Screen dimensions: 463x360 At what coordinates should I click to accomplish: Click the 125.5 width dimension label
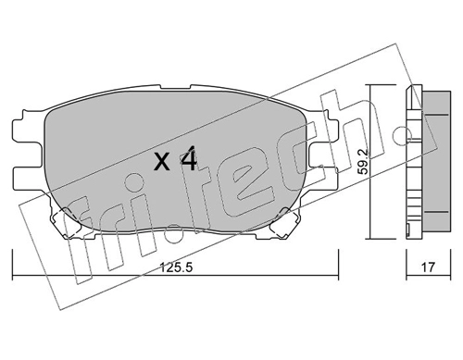coord(177,267)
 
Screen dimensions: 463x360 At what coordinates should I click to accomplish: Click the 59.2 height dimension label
coord(364,162)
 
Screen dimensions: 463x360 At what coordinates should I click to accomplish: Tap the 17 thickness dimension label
coord(428,267)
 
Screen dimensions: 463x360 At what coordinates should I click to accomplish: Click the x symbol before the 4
coord(162,162)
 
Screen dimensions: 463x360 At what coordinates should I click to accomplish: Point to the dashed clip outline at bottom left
coord(67,223)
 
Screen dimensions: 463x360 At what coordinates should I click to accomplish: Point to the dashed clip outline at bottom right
coord(283,223)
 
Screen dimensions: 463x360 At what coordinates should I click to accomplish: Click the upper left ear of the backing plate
coord(29,129)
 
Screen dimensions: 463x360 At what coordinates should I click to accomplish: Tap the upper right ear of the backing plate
coord(322,129)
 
